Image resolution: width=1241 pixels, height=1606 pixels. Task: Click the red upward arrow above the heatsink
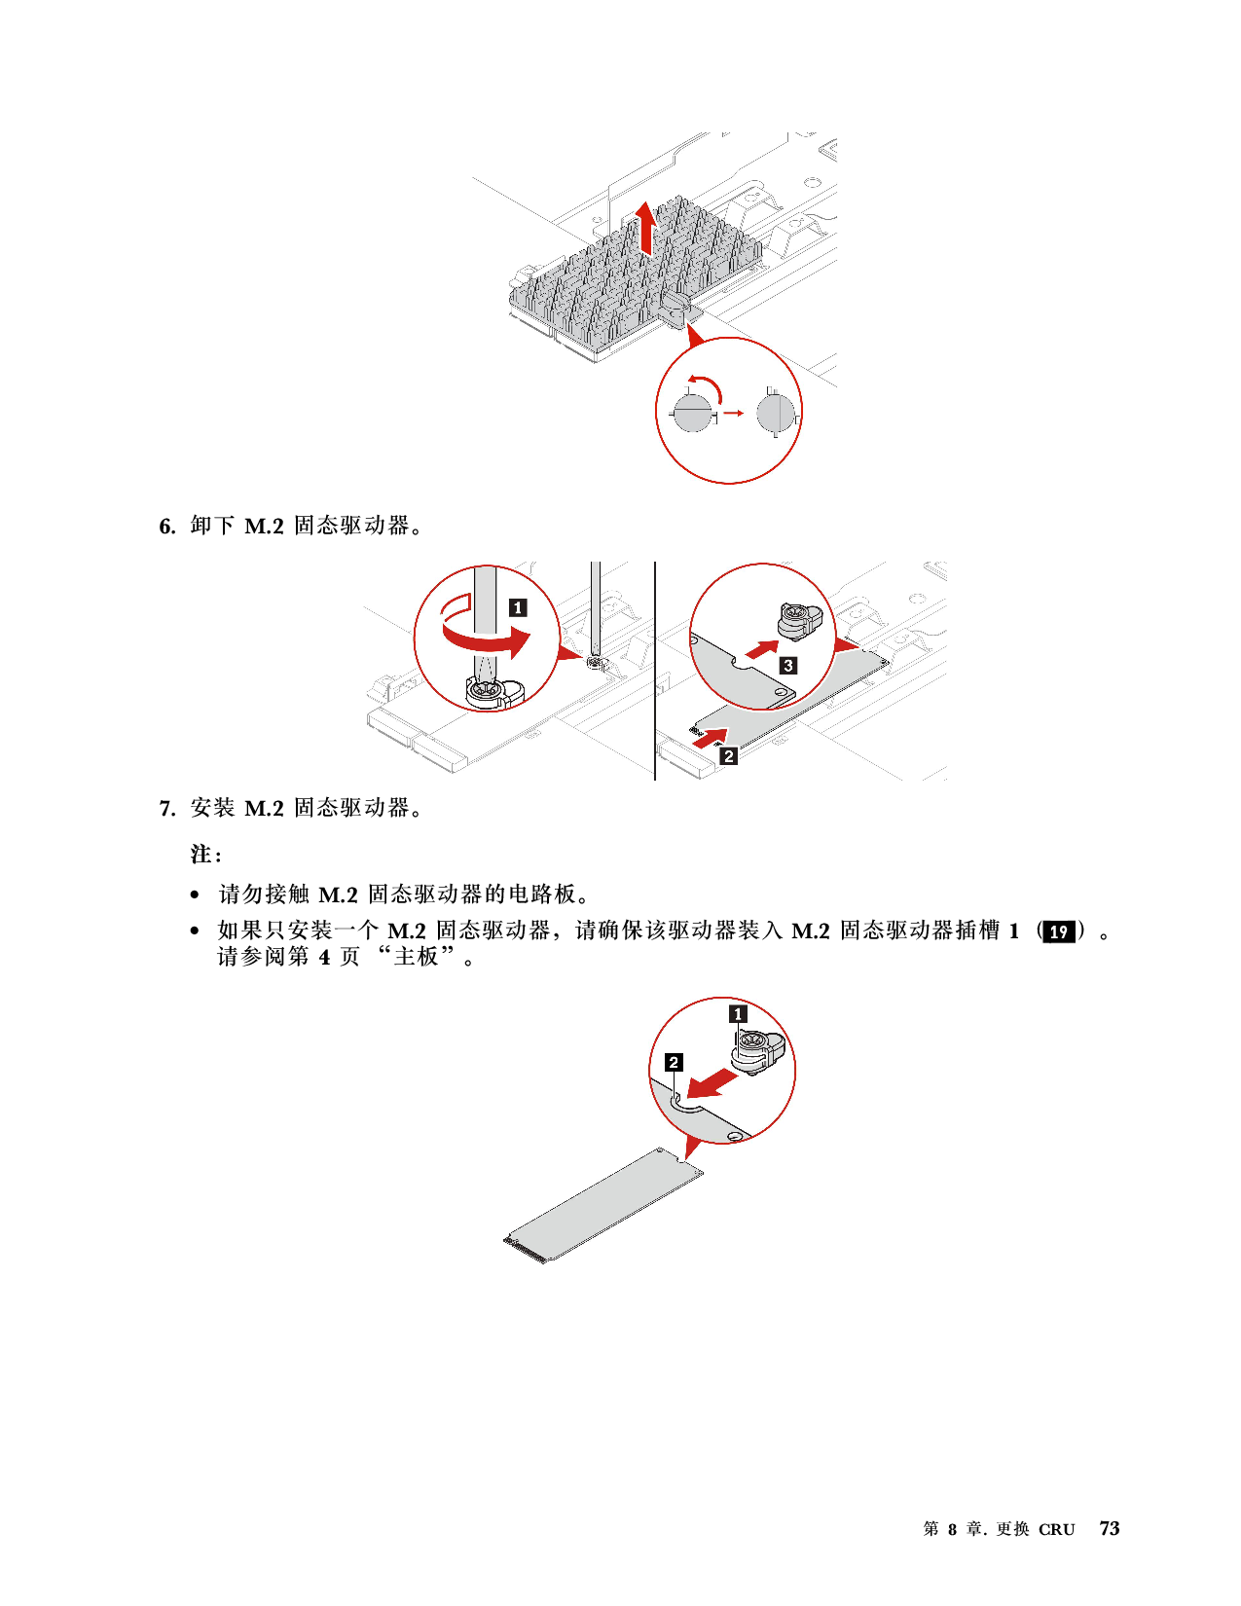pyautogui.click(x=646, y=228)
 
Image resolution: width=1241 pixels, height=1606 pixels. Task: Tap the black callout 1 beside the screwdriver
pyautogui.click(x=518, y=607)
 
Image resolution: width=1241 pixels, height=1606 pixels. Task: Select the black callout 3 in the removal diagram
pyautogui.click(x=788, y=665)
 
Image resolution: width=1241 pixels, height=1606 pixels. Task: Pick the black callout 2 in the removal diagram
pyautogui.click(x=729, y=756)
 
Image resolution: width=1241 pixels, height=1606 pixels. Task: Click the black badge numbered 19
pyautogui.click(x=1058, y=931)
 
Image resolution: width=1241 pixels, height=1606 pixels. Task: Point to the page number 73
pyautogui.click(x=1109, y=1528)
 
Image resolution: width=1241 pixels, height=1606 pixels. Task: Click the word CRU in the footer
pyautogui.click(x=1056, y=1530)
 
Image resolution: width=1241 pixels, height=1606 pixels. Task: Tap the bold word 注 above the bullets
pyautogui.click(x=201, y=855)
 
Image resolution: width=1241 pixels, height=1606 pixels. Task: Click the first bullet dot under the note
pyautogui.click(x=195, y=895)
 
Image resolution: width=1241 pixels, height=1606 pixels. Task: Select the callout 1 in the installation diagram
pyautogui.click(x=738, y=1015)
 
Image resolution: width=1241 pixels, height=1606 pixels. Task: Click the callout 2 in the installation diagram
pyautogui.click(x=674, y=1062)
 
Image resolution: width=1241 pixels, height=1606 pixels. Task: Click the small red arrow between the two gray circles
pyautogui.click(x=733, y=413)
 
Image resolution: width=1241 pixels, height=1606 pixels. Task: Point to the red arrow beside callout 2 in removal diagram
pyautogui.click(x=710, y=737)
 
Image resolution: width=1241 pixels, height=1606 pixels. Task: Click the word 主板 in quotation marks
pyautogui.click(x=417, y=957)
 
